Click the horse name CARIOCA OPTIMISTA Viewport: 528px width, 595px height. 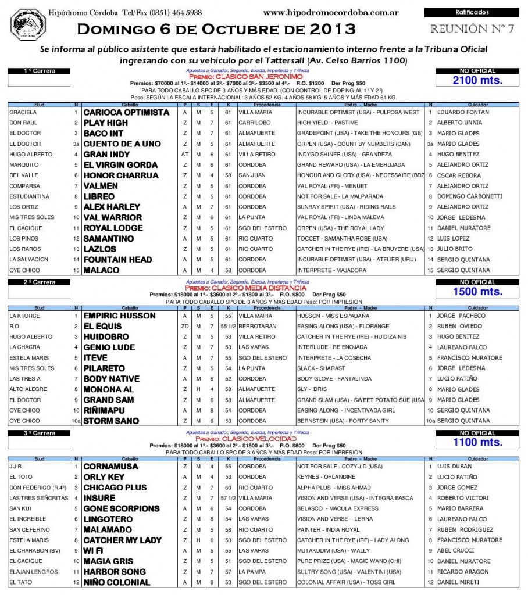(126, 112)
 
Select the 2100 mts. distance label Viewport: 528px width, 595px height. (477, 80)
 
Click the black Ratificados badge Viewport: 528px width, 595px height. (472, 12)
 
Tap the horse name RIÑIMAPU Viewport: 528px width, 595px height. (107, 410)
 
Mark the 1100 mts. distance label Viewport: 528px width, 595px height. (477, 442)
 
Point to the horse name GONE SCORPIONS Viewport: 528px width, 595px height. (121, 508)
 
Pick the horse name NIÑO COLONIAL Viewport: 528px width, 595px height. (117, 582)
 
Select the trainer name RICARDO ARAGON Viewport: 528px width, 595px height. (461, 572)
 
